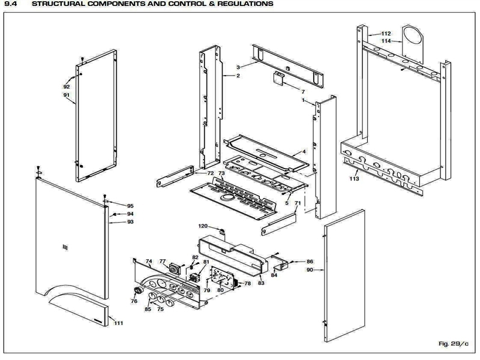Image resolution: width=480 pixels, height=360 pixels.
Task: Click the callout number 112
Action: click(x=386, y=34)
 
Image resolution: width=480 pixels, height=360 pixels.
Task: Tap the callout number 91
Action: click(x=66, y=95)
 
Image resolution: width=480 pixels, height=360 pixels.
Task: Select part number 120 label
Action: click(x=203, y=226)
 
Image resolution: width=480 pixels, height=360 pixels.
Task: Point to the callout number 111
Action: click(x=118, y=323)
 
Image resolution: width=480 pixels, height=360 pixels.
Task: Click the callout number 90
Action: click(x=310, y=271)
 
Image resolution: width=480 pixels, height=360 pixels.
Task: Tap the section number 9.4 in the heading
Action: click(x=10, y=4)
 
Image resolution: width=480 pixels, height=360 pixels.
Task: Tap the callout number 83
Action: click(x=261, y=283)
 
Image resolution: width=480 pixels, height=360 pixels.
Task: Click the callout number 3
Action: click(x=238, y=67)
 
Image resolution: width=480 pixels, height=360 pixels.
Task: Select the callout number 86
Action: click(x=310, y=262)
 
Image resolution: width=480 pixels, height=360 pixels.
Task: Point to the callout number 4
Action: click(x=304, y=152)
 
